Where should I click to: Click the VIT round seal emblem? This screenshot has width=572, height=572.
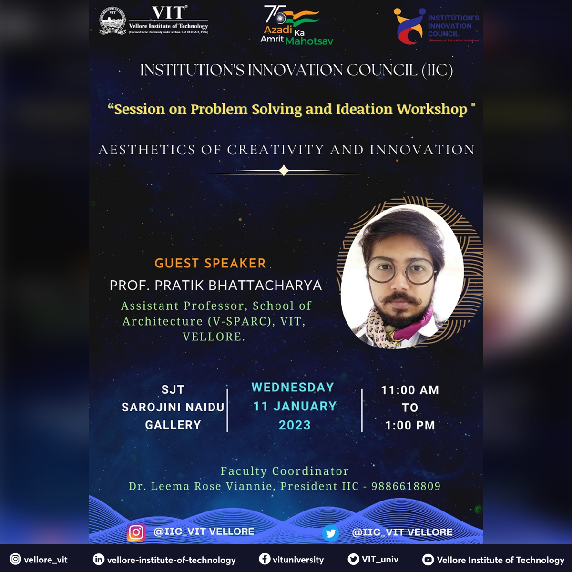click(112, 21)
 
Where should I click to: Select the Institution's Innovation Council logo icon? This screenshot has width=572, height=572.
click(409, 26)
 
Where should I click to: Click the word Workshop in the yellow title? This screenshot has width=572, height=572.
click(432, 109)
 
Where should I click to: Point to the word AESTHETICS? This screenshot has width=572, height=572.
click(146, 150)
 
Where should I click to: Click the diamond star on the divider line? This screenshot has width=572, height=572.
click(284, 170)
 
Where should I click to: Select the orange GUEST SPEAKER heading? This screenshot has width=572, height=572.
click(210, 263)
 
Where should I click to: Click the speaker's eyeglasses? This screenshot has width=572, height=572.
click(401, 270)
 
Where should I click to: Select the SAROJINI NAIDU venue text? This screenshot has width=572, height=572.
click(173, 407)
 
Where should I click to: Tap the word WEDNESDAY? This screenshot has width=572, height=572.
click(293, 388)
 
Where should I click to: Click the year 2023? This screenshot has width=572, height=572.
click(295, 425)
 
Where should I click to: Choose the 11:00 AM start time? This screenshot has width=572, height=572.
click(410, 390)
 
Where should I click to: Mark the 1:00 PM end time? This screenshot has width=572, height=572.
click(410, 425)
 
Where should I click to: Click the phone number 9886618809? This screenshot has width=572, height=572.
click(406, 486)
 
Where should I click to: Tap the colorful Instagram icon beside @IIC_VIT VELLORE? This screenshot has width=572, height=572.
click(136, 532)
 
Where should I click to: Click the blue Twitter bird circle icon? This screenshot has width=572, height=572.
click(330, 532)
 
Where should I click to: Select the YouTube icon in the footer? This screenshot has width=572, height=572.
click(428, 560)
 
